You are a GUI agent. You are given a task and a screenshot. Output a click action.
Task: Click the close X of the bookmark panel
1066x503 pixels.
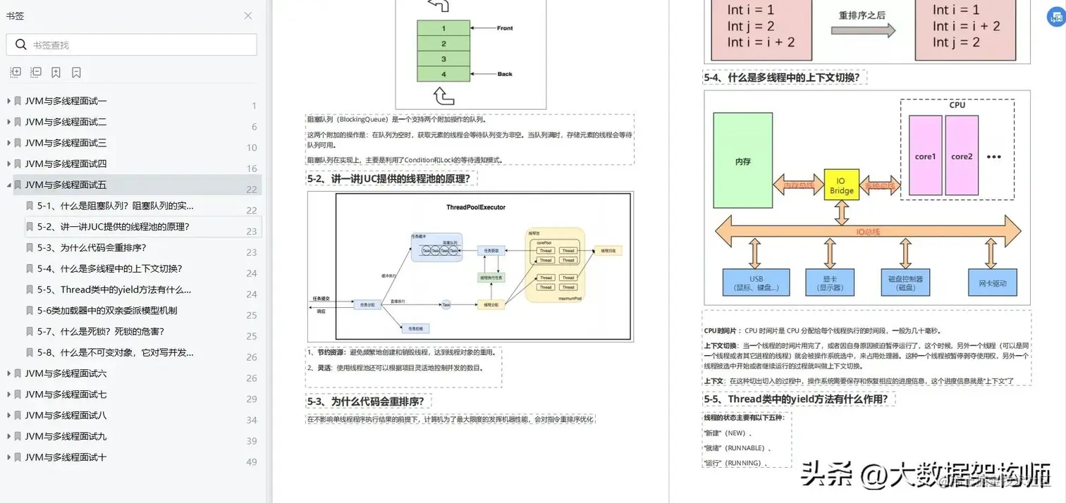(248, 15)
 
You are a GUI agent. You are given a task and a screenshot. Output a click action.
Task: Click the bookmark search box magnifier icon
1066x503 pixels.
(21, 45)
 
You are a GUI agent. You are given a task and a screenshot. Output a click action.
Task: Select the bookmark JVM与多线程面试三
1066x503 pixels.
(66, 143)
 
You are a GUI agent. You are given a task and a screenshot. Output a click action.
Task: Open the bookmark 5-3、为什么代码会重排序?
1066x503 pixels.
(92, 248)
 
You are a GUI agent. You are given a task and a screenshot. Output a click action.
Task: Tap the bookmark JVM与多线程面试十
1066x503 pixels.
(66, 457)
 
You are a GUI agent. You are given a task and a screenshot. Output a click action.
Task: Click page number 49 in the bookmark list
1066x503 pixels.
(252, 462)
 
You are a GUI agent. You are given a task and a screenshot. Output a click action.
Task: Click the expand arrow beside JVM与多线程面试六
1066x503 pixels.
(8, 373)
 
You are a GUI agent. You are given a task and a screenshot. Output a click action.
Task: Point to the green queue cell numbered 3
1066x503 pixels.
(443, 59)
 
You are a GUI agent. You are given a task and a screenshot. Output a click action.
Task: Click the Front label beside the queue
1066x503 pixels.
(505, 28)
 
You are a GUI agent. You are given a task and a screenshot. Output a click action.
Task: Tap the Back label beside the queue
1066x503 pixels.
(505, 74)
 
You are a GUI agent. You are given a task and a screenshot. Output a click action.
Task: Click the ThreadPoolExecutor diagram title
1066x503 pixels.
(476, 207)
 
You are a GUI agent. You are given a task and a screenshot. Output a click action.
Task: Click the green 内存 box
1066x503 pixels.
(742, 161)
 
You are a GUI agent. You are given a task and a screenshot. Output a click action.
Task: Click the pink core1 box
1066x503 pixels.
(925, 156)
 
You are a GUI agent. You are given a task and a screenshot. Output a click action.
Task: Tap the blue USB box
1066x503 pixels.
(756, 282)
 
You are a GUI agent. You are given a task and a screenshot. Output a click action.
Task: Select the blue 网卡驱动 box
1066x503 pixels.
(993, 282)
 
